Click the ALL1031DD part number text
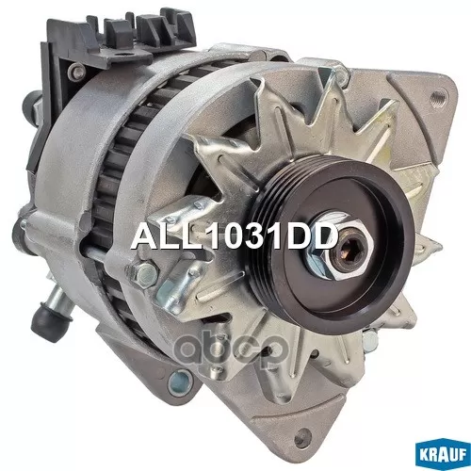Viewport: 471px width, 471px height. pyautogui.click(x=235, y=237)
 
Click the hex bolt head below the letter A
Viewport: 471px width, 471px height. pyautogui.click(x=142, y=272)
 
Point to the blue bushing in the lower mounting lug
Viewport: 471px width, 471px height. pyautogui.click(x=180, y=382)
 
